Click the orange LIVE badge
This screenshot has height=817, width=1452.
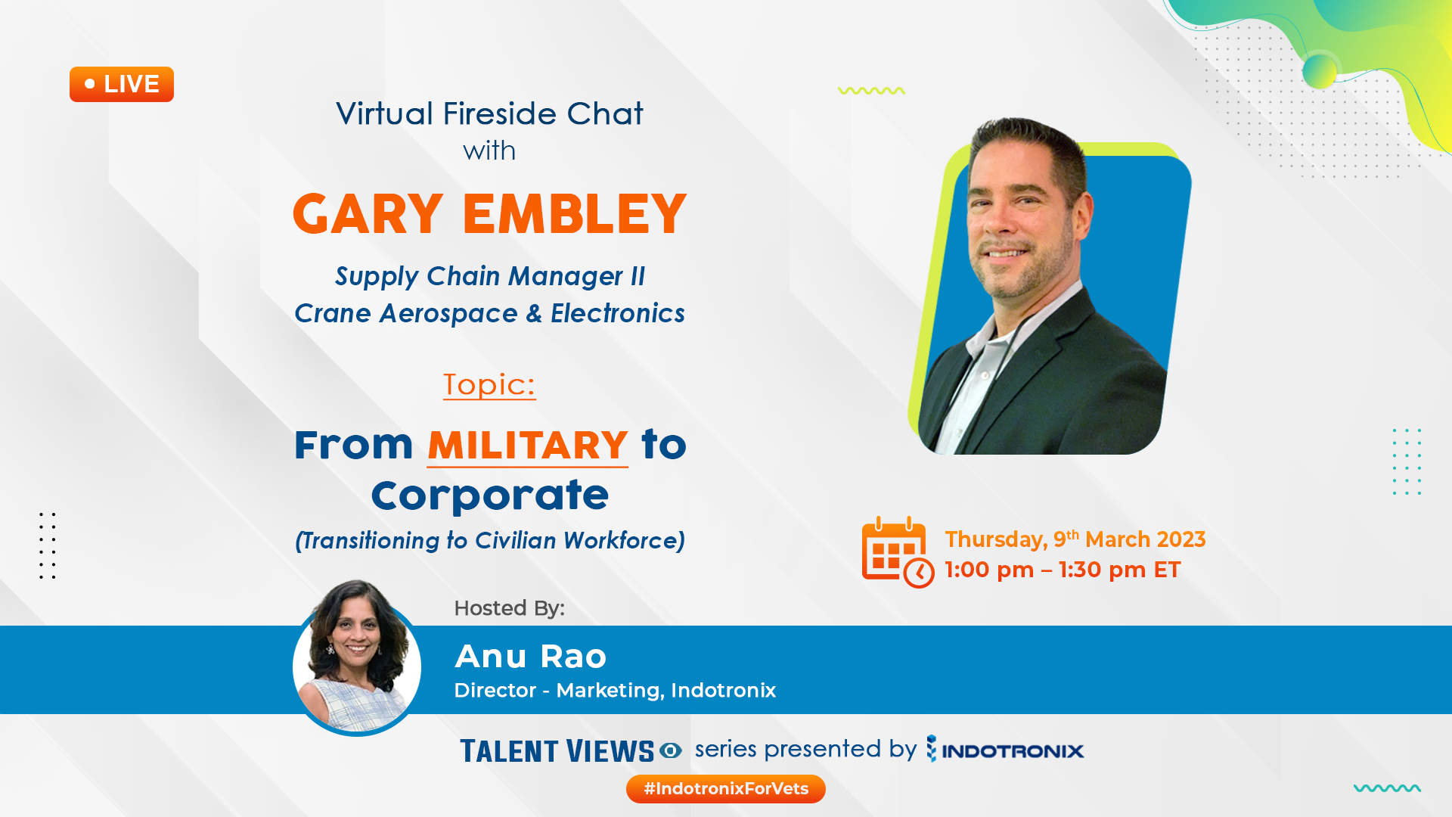pyautogui.click(x=122, y=84)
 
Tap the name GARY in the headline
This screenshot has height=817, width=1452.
pyautogui.click(x=368, y=214)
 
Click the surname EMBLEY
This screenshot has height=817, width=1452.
pyautogui.click(x=575, y=214)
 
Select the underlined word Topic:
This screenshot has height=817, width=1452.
pyautogui.click(x=489, y=385)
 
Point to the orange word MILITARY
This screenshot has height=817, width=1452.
pyautogui.click(x=528, y=445)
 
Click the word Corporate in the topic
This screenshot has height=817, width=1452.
pyautogui.click(x=490, y=495)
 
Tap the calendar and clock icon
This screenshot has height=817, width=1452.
pyautogui.click(x=898, y=552)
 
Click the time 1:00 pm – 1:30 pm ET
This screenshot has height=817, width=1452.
pyautogui.click(x=1063, y=570)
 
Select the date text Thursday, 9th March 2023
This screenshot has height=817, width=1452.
pyautogui.click(x=1075, y=539)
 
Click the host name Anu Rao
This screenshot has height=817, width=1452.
pyautogui.click(x=531, y=657)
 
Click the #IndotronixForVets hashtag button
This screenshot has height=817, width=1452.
pyautogui.click(x=726, y=789)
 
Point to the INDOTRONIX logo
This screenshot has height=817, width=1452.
pyautogui.click(x=1005, y=750)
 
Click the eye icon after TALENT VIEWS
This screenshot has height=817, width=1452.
pyautogui.click(x=671, y=750)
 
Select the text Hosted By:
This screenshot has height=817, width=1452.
pyautogui.click(x=510, y=608)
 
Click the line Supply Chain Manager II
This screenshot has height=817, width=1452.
pyautogui.click(x=490, y=277)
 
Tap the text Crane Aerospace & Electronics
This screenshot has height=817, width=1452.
pyautogui.click(x=490, y=313)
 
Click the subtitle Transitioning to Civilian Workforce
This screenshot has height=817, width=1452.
pyautogui.click(x=490, y=541)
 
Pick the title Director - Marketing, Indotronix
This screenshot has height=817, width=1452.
pyautogui.click(x=615, y=691)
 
